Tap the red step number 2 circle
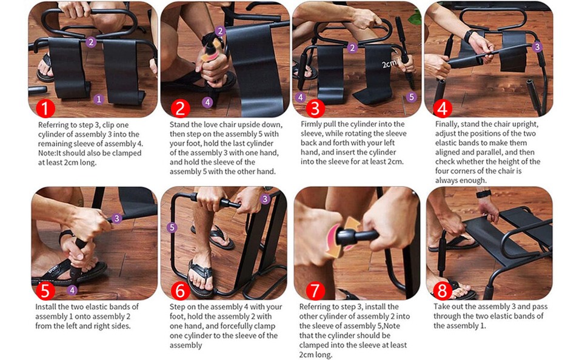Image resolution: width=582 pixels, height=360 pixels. click(180, 108)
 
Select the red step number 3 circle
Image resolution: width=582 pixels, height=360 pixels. click(315, 108)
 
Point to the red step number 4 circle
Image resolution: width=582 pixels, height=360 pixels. click(444, 108)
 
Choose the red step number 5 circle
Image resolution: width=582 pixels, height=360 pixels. click(45, 291)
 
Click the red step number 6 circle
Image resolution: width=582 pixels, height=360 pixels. click(180, 291)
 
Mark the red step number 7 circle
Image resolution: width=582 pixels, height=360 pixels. click(315, 291)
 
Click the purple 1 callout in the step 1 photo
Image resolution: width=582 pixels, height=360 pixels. click(99, 98)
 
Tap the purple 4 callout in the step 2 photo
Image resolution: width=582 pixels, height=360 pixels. click(208, 102)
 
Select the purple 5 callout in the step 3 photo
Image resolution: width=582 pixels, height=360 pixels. click(412, 97)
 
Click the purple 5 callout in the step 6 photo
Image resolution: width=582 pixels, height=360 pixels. click(172, 228)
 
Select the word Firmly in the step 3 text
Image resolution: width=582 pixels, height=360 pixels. click(312, 124)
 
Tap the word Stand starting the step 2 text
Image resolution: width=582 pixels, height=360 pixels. click(180, 124)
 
